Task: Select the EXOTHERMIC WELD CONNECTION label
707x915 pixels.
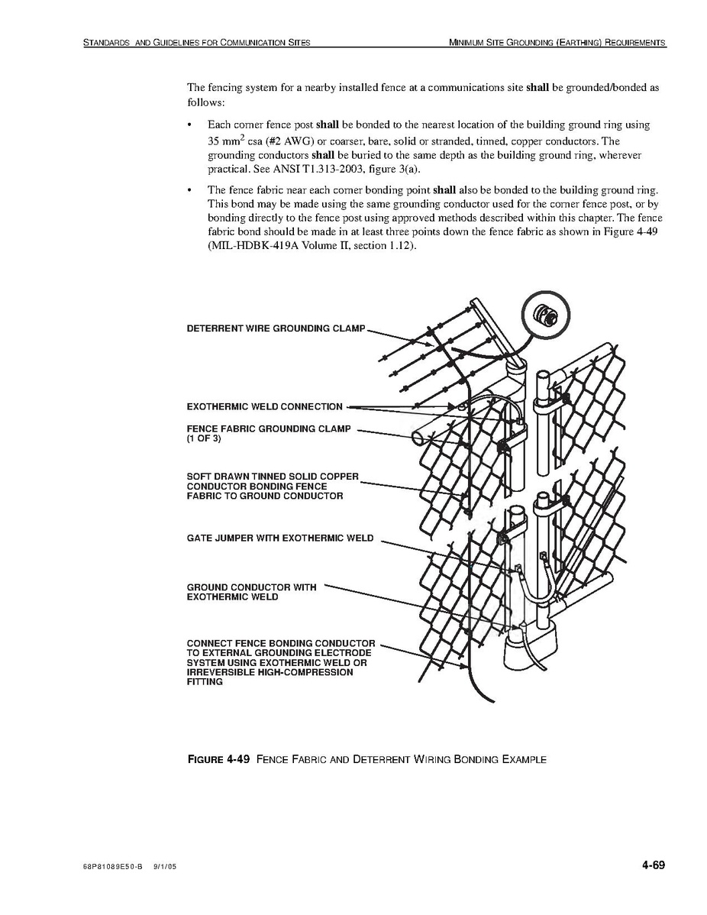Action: pyautogui.click(x=264, y=406)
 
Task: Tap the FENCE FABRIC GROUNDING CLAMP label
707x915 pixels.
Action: pyautogui.click(x=269, y=428)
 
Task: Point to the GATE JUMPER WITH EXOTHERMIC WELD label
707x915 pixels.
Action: pyautogui.click(x=280, y=538)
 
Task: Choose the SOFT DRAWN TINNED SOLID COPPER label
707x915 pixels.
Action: pyautogui.click(x=273, y=477)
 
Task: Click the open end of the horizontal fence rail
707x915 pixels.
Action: pyautogui.click(x=418, y=438)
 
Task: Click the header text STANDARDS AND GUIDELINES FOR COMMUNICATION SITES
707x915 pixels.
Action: pyautogui.click(x=196, y=43)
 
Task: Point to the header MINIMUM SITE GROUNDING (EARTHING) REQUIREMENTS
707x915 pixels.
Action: pyautogui.click(x=558, y=43)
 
